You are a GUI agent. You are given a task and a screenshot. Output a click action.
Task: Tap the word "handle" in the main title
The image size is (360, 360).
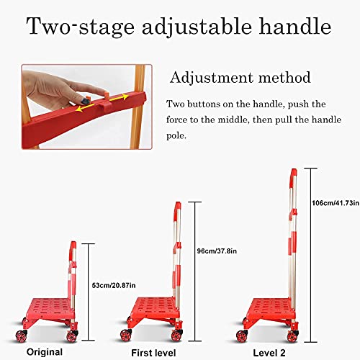(292, 28)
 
